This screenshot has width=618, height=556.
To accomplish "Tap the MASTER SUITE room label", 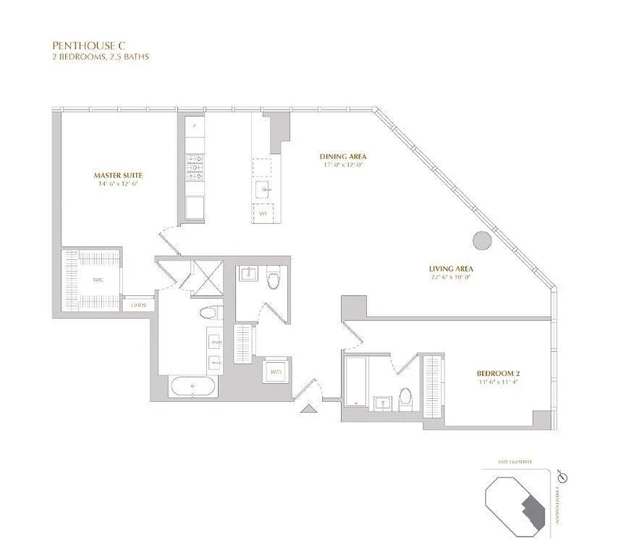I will coord(119,175).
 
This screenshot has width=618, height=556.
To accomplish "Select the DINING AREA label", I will coord(343,156).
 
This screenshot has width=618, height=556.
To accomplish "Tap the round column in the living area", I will coord(482,241).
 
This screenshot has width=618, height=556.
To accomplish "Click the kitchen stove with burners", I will coord(194,166).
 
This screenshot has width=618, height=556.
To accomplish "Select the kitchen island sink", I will coord(264,190).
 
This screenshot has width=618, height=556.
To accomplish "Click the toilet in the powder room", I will coord(273,279).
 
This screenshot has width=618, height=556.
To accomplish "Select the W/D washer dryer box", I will coord(276,372).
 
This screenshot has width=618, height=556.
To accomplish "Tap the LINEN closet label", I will coord(138,305).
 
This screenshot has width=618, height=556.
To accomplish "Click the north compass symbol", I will coord(563,477).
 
